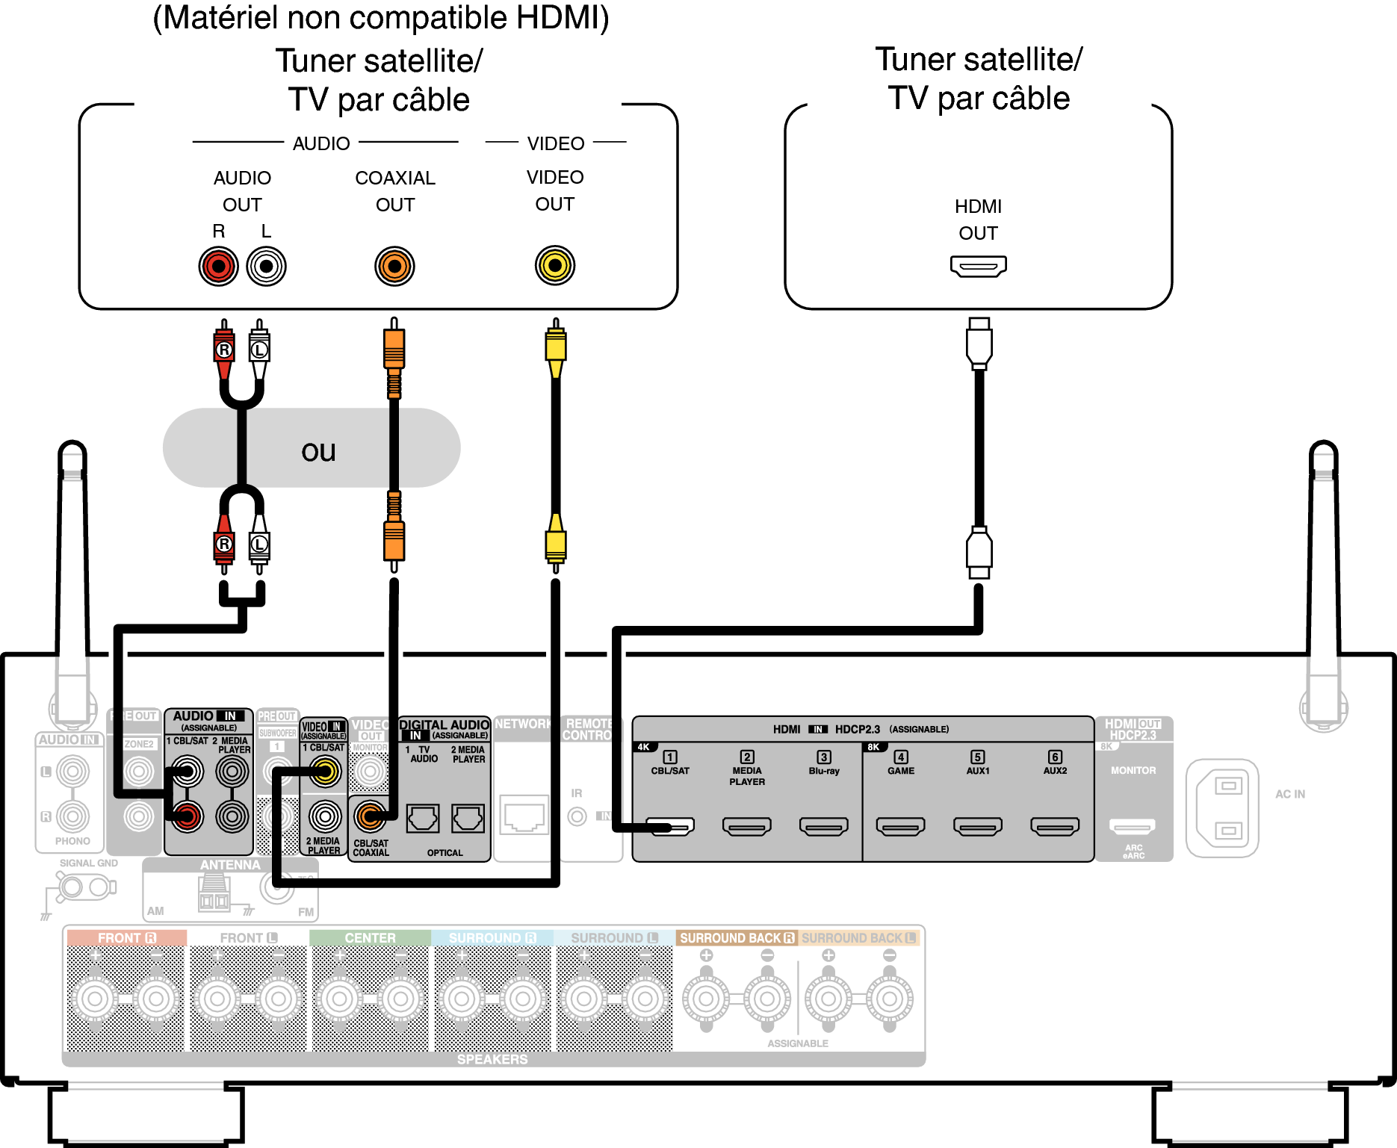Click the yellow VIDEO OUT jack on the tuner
click(554, 265)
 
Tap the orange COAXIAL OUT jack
click(394, 266)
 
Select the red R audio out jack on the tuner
click(218, 266)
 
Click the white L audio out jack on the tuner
click(266, 266)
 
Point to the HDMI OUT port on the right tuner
click(978, 266)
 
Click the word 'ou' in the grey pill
click(318, 451)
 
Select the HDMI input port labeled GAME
click(900, 826)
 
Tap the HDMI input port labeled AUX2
click(1054, 826)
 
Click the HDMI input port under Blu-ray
click(823, 826)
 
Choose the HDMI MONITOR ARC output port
click(1133, 826)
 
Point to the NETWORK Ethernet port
click(523, 814)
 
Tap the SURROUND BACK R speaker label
click(736, 938)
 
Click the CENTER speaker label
click(370, 938)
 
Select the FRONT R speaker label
click(126, 938)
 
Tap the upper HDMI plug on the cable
click(979, 344)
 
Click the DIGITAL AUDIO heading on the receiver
click(444, 725)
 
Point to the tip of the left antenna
click(72, 448)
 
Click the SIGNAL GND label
click(88, 863)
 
